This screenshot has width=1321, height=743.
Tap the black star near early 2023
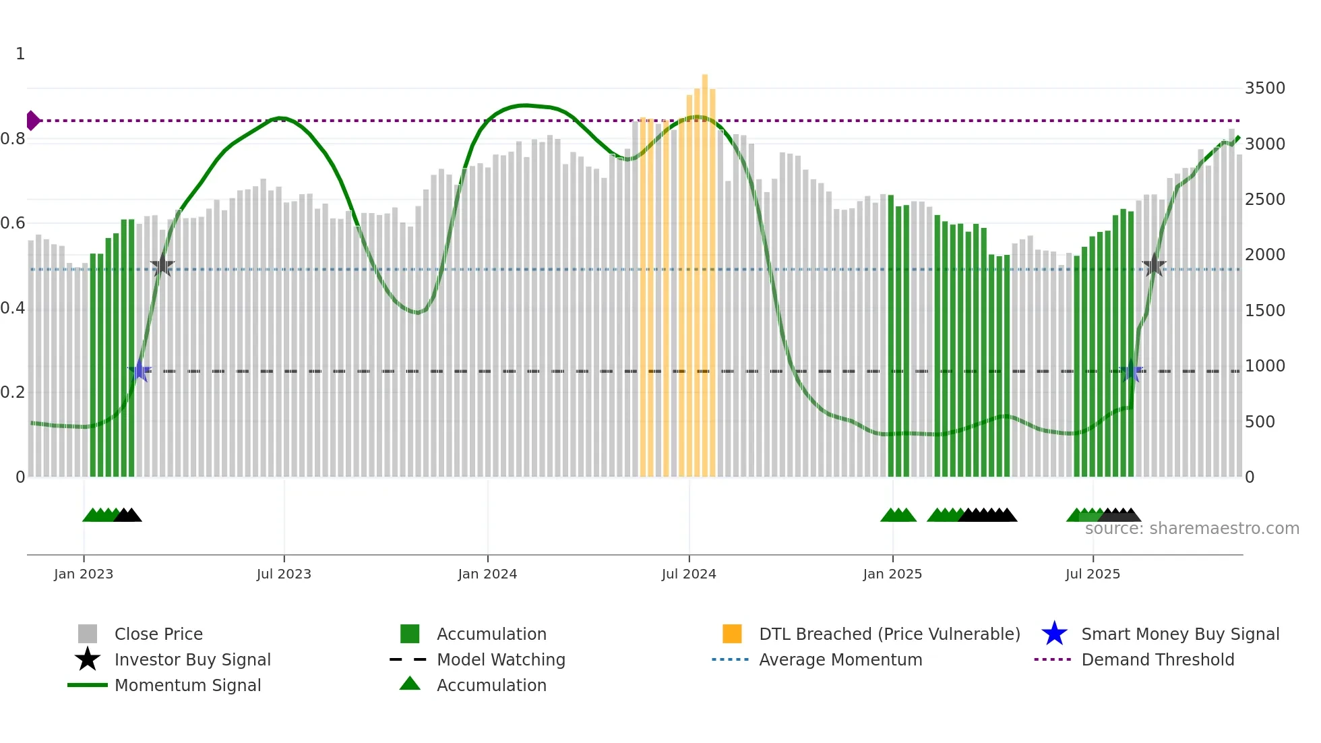pos(162,266)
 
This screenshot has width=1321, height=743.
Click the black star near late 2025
pos(1154,266)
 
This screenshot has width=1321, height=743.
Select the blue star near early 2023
pos(140,371)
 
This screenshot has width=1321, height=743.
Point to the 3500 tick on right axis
pos(1264,88)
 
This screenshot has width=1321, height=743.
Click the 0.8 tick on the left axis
pos(13,140)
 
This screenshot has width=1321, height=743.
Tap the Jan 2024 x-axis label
pos(487,574)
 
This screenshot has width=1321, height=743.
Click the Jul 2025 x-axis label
pos(1093,574)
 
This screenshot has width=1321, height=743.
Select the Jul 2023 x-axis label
pos(284,574)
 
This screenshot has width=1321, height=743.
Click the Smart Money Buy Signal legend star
pos(1054,634)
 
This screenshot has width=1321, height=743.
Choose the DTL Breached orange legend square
pos(732,634)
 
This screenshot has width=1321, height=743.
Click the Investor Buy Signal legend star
pos(88,659)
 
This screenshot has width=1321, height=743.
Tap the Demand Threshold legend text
pos(1157,659)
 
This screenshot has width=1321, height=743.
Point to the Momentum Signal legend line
pos(88,685)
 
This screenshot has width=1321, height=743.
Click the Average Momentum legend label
pos(840,659)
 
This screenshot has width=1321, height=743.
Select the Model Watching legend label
pos(501,659)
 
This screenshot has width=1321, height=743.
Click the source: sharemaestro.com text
pos(1192,529)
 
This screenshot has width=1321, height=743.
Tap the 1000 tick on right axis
pos(1264,366)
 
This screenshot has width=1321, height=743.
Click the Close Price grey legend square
pos(88,634)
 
